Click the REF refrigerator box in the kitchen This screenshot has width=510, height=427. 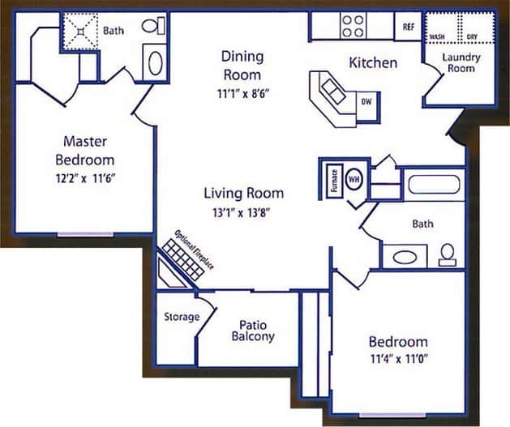[x=409, y=27]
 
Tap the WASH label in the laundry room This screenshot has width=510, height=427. [x=437, y=37]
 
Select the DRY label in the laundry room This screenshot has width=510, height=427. [x=471, y=37]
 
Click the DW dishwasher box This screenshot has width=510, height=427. [x=366, y=102]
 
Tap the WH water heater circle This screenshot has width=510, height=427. [x=354, y=177]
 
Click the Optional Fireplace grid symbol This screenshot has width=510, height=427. [x=182, y=258]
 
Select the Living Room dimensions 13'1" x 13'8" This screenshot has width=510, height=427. [x=243, y=212]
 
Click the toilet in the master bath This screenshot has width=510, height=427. [x=152, y=26]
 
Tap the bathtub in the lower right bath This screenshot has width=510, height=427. [x=435, y=184]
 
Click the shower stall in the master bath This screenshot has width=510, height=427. [x=81, y=32]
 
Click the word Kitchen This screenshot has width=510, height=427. [x=372, y=62]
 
